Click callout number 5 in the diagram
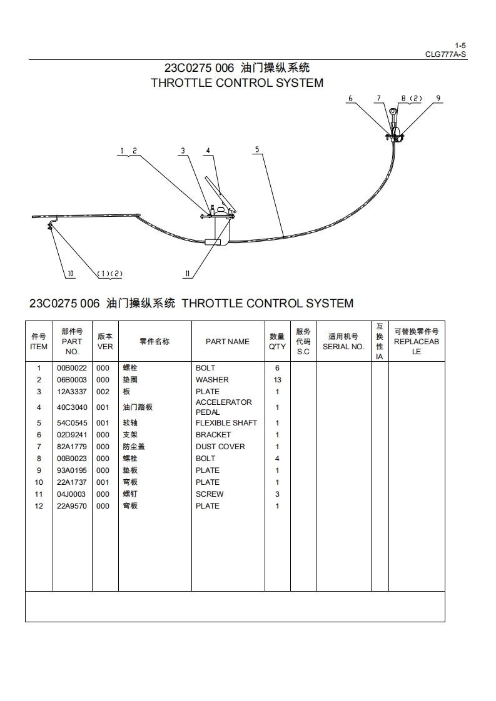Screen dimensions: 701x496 (x=256, y=149)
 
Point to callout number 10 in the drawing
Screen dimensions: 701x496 (x=71, y=274)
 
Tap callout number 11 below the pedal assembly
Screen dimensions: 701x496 (x=187, y=274)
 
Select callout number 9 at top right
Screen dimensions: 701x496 (x=438, y=98)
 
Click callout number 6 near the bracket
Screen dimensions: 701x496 (x=350, y=98)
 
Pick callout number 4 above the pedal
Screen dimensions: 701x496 (x=208, y=151)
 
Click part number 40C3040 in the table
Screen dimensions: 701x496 (x=71, y=407)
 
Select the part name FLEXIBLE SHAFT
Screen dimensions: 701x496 (x=226, y=423)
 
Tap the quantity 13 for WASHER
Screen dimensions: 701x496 (x=277, y=380)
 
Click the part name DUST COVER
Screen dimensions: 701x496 (x=220, y=447)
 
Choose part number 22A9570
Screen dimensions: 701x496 (x=71, y=506)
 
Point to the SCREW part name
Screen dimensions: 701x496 (x=209, y=494)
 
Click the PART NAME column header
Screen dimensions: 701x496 (x=227, y=342)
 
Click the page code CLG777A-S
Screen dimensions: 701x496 (x=445, y=54)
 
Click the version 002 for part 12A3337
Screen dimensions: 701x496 (x=103, y=392)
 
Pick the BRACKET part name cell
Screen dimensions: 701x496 (x=213, y=435)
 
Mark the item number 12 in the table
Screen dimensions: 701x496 (x=39, y=506)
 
